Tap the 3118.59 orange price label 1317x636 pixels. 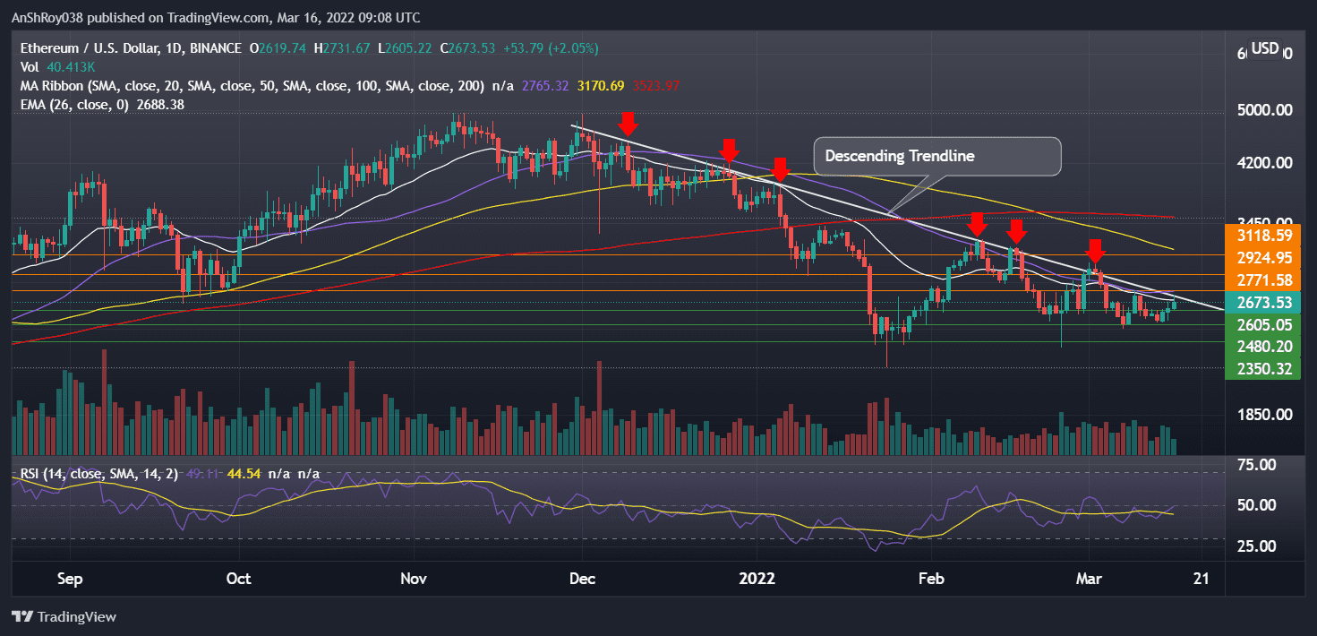click(1263, 236)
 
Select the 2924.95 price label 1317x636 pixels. click(1263, 258)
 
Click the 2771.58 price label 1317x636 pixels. click(1263, 280)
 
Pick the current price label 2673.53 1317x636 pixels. click(1263, 303)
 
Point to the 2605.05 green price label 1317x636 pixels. click(1263, 325)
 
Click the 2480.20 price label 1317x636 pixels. click(1263, 347)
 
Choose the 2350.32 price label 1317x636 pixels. click(1263, 368)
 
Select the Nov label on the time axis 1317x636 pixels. click(414, 580)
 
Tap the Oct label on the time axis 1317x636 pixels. click(238, 580)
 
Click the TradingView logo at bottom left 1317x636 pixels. click(64, 617)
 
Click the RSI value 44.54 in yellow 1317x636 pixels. click(244, 473)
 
